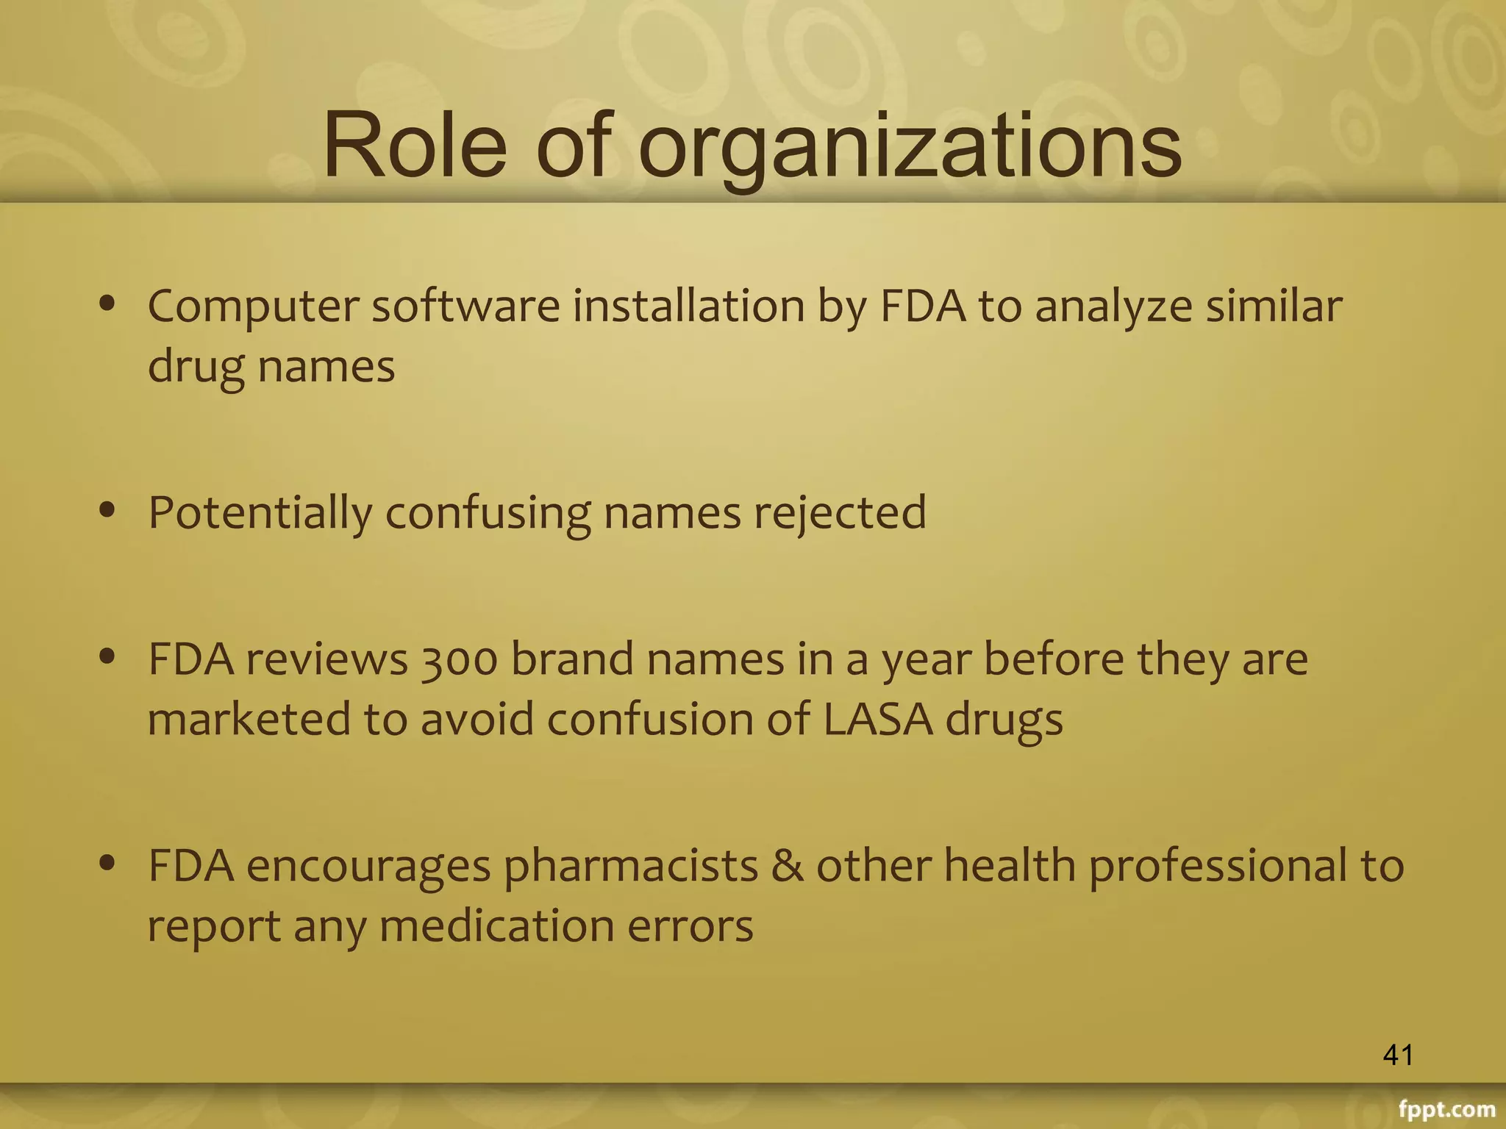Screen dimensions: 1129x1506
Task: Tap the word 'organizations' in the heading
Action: pyautogui.click(x=910, y=147)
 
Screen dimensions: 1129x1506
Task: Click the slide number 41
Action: pyautogui.click(x=1397, y=1055)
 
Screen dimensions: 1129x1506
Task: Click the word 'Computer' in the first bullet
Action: pyautogui.click(x=253, y=307)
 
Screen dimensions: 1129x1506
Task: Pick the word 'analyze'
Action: pyautogui.click(x=1113, y=307)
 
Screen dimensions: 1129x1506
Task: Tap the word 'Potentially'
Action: pyautogui.click(x=260, y=513)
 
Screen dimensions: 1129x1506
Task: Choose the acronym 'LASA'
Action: pyautogui.click(x=877, y=719)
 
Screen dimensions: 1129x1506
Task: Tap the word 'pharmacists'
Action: pyautogui.click(x=631, y=866)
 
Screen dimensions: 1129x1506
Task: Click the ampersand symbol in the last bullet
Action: pyautogui.click(x=786, y=866)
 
